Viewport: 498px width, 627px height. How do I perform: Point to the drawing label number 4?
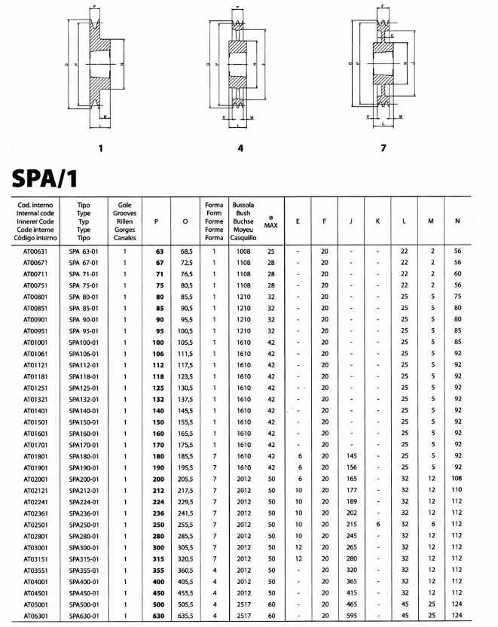240,148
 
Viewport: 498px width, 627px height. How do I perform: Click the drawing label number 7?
383,148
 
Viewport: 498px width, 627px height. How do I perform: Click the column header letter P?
156,221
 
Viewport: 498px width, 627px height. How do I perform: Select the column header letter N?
457,221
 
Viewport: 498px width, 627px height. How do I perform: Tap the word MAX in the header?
270,226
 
